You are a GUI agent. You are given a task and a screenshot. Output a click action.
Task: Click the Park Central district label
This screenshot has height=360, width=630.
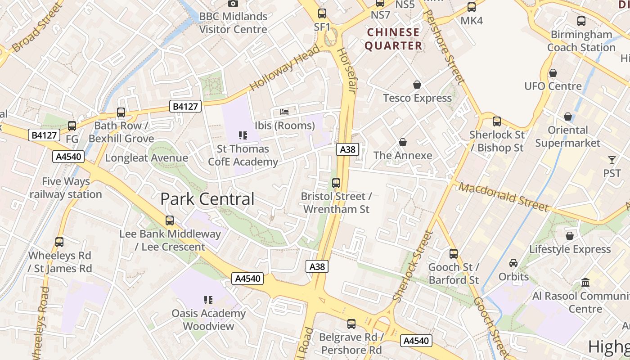[x=207, y=199]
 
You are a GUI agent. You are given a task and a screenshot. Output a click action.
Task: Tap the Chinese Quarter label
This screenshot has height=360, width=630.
[x=393, y=39]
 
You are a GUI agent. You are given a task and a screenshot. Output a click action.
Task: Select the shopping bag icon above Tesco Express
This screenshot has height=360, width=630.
[x=417, y=85]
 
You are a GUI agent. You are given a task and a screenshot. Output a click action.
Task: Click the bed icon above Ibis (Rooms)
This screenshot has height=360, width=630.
[x=284, y=112]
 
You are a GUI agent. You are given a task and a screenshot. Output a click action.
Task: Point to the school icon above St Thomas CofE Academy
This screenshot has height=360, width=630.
[x=243, y=135]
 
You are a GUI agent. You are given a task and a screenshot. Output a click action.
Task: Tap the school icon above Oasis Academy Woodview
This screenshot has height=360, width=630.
[x=208, y=300]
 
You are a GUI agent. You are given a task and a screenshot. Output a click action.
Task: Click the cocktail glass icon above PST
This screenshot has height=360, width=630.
[x=612, y=160]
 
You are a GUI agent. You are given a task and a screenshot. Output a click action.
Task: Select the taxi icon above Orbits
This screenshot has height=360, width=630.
[x=513, y=263]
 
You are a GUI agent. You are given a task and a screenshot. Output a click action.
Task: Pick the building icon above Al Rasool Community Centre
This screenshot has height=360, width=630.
[x=585, y=282]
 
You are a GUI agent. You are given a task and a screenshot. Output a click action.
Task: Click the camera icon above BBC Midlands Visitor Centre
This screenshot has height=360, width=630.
[x=233, y=4]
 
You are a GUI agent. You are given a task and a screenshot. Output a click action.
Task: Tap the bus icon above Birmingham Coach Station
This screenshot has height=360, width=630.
[x=581, y=21]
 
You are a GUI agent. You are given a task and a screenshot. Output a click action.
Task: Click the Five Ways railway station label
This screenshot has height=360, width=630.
[x=66, y=188]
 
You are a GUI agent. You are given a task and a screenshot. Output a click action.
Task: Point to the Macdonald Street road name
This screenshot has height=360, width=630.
[x=504, y=197]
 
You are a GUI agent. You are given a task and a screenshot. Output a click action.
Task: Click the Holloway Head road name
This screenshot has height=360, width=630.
[x=284, y=67]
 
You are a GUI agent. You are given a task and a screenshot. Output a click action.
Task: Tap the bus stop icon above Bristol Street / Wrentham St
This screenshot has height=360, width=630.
[x=336, y=183]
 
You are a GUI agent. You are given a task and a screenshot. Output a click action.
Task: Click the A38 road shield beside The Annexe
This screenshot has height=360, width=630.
[x=347, y=149]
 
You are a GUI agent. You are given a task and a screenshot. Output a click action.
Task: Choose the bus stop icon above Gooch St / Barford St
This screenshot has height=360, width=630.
[x=454, y=253]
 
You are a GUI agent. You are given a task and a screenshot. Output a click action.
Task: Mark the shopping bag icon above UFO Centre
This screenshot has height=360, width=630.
[x=553, y=73]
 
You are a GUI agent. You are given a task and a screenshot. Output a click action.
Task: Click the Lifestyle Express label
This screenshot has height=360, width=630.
[x=570, y=249]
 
